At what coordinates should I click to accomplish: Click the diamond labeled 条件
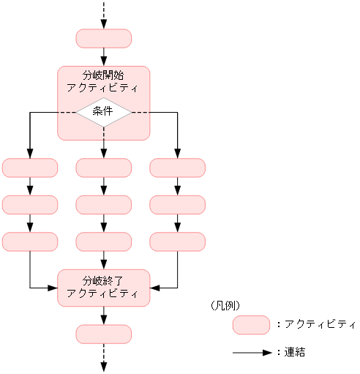103,111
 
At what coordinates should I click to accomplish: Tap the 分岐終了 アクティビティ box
103,287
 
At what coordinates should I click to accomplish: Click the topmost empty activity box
103,38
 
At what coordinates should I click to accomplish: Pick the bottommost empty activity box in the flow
103,334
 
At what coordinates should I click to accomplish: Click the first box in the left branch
30,168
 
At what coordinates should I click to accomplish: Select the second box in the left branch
30,204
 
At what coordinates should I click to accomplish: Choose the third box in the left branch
30,241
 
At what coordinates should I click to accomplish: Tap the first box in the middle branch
103,168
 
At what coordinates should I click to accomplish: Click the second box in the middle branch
103,204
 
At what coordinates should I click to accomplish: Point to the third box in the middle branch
103,241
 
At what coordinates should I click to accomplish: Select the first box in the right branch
177,168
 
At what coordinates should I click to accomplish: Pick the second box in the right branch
177,204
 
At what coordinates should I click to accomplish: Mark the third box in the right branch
177,241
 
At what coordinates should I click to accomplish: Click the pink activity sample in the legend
252,324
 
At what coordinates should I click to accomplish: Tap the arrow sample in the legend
252,352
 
